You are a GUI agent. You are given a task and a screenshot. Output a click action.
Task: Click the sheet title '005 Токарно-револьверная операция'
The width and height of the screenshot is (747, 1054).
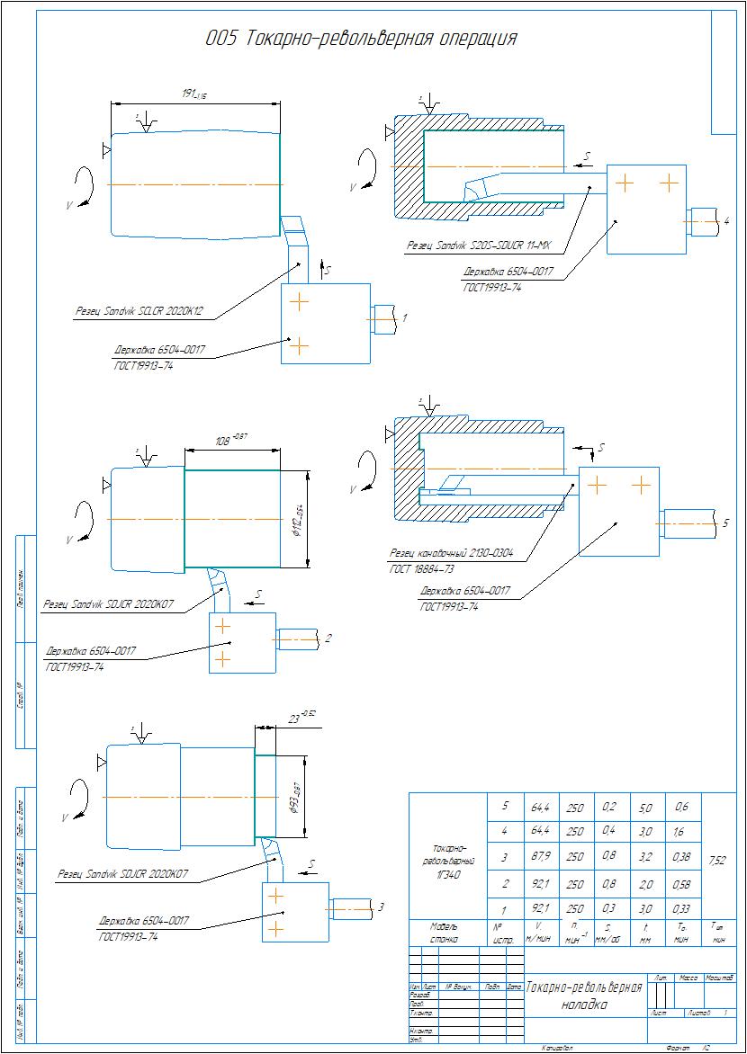[361, 39]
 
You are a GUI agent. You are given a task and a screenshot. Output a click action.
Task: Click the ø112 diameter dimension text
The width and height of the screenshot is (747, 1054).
[297, 520]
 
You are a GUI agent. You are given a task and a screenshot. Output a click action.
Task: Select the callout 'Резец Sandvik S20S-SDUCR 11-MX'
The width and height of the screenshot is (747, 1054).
[479, 245]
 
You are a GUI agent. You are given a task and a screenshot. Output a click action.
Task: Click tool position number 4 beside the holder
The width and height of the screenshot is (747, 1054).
[726, 221]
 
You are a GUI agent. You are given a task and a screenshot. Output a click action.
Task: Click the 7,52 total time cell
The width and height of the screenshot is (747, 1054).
[717, 861]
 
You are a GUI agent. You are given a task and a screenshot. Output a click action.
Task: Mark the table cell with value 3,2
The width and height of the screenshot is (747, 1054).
[645, 857]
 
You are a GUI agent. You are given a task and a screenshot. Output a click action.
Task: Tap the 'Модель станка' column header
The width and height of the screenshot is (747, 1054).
[445, 932]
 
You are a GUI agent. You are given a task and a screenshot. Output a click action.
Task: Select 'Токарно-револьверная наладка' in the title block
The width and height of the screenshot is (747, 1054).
[583, 995]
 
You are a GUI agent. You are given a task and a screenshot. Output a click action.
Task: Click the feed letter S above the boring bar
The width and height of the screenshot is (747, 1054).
[587, 156]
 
